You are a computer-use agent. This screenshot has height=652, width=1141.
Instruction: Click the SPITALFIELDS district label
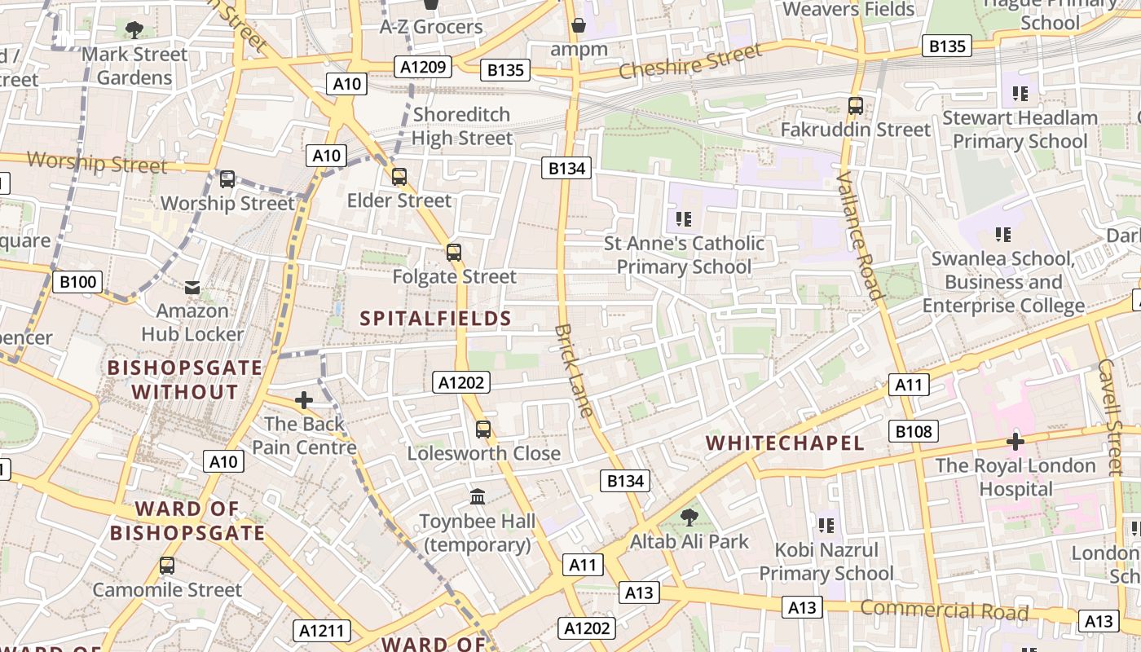tap(436, 318)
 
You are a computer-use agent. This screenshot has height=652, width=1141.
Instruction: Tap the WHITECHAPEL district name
tap(785, 443)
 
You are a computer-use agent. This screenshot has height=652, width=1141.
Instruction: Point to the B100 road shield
tap(78, 282)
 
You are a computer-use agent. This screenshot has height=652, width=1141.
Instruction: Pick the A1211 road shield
tap(322, 630)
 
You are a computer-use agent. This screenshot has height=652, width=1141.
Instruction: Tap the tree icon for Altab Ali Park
tap(689, 517)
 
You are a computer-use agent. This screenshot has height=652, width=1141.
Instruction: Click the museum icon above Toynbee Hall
tap(478, 496)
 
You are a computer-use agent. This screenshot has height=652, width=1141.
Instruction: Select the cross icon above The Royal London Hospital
tap(1015, 442)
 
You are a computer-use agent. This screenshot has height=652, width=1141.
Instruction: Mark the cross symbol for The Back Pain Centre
tap(304, 400)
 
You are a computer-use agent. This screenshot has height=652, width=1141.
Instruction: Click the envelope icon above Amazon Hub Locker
tap(192, 287)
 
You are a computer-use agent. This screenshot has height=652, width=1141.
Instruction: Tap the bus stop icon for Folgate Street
tap(454, 253)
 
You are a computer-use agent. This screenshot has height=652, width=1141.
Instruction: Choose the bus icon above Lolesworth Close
tap(483, 430)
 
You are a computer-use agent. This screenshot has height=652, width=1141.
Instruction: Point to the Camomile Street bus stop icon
tap(167, 566)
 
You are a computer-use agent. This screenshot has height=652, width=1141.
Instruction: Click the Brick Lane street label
tap(575, 371)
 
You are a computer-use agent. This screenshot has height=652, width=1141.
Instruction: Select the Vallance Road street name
tap(859, 236)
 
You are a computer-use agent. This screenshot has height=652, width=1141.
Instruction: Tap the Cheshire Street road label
tap(690, 61)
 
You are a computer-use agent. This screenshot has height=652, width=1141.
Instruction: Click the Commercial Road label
tap(944, 610)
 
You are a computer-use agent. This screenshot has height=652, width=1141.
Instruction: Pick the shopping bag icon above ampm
tap(579, 25)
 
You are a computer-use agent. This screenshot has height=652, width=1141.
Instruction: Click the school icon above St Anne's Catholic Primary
tap(684, 218)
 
